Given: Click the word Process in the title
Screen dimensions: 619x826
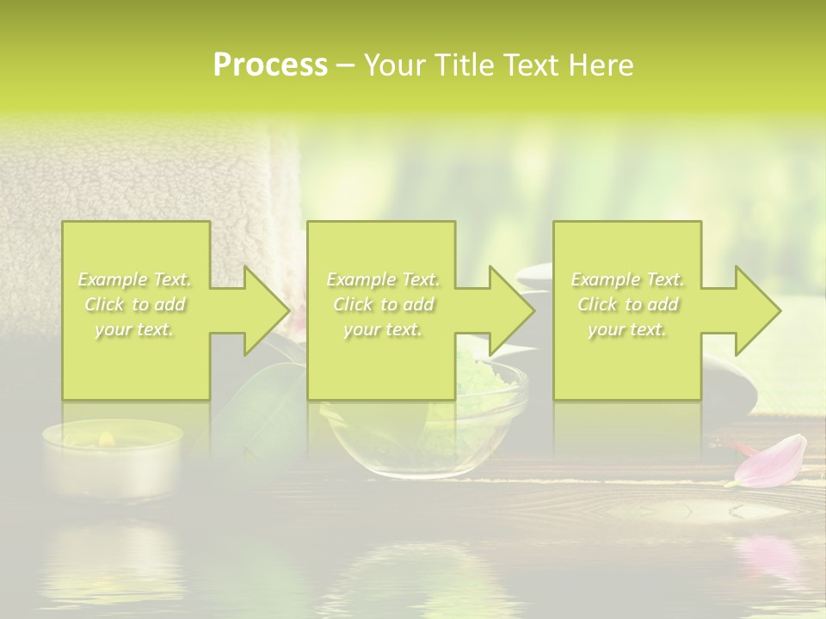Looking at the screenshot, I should pos(270,65).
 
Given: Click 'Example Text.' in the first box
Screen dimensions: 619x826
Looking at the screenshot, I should pos(135,279).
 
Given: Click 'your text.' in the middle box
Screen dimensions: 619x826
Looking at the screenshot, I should pos(383,330).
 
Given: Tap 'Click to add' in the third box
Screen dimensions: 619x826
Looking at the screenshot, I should pos(627,304).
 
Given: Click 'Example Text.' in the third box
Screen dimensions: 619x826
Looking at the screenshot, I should pos(627,279).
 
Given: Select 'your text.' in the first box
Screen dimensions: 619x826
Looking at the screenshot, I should pos(135,330).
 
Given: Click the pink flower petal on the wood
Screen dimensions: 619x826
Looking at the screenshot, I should pos(774,459).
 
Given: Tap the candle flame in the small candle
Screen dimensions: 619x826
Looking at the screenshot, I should pos(106,439).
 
